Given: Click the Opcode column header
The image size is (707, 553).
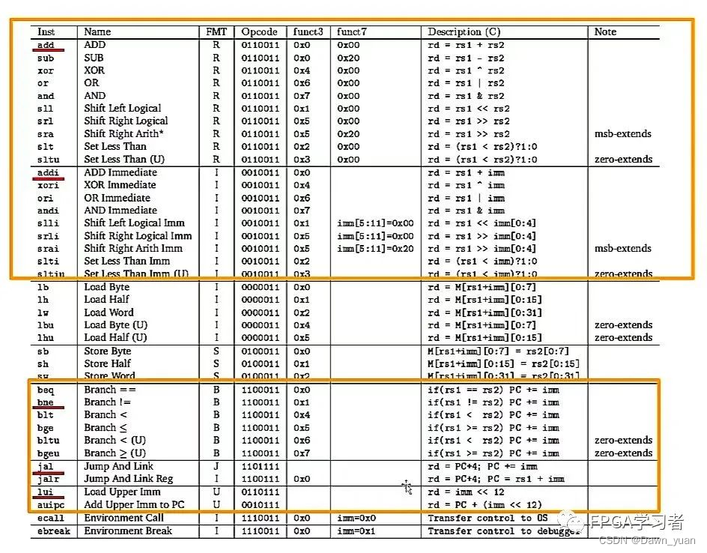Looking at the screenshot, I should coord(259,32).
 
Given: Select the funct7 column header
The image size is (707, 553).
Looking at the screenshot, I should coord(351,32).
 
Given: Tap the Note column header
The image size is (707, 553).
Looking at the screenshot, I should coord(605,32).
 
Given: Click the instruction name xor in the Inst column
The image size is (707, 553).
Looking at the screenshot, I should coord(46,70).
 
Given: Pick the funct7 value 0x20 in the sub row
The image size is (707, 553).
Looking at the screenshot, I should coord(348,58).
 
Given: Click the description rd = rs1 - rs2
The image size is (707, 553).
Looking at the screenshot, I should coord(466,58).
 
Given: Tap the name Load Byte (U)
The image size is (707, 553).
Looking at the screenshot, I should coord(116,325).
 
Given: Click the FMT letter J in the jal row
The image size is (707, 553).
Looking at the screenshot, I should coord(216,466).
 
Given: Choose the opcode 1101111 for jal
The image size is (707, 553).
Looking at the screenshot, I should coord(259,466).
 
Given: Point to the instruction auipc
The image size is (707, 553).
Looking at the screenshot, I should coord(51,504).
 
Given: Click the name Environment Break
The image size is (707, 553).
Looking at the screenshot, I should coord(128,531).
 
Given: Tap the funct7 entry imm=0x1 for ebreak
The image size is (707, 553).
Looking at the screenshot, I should coord(356,531).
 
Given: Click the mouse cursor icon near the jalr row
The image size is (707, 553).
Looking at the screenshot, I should coord(407,488).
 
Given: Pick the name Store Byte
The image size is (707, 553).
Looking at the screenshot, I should coord(108,351).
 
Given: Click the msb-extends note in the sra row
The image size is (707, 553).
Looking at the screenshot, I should coord(623,134).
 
